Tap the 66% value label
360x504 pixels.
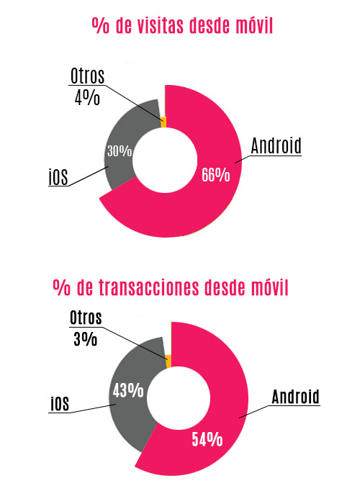215,174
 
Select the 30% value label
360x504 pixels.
119,151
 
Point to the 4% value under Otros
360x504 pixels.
86,97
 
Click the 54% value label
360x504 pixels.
207,439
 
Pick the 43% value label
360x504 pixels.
128,391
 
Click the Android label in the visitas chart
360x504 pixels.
276,145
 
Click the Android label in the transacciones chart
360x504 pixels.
295,396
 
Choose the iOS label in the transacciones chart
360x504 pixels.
59,405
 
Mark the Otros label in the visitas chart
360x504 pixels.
88,76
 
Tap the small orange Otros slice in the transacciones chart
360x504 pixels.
168,361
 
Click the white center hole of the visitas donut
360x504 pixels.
165,159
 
